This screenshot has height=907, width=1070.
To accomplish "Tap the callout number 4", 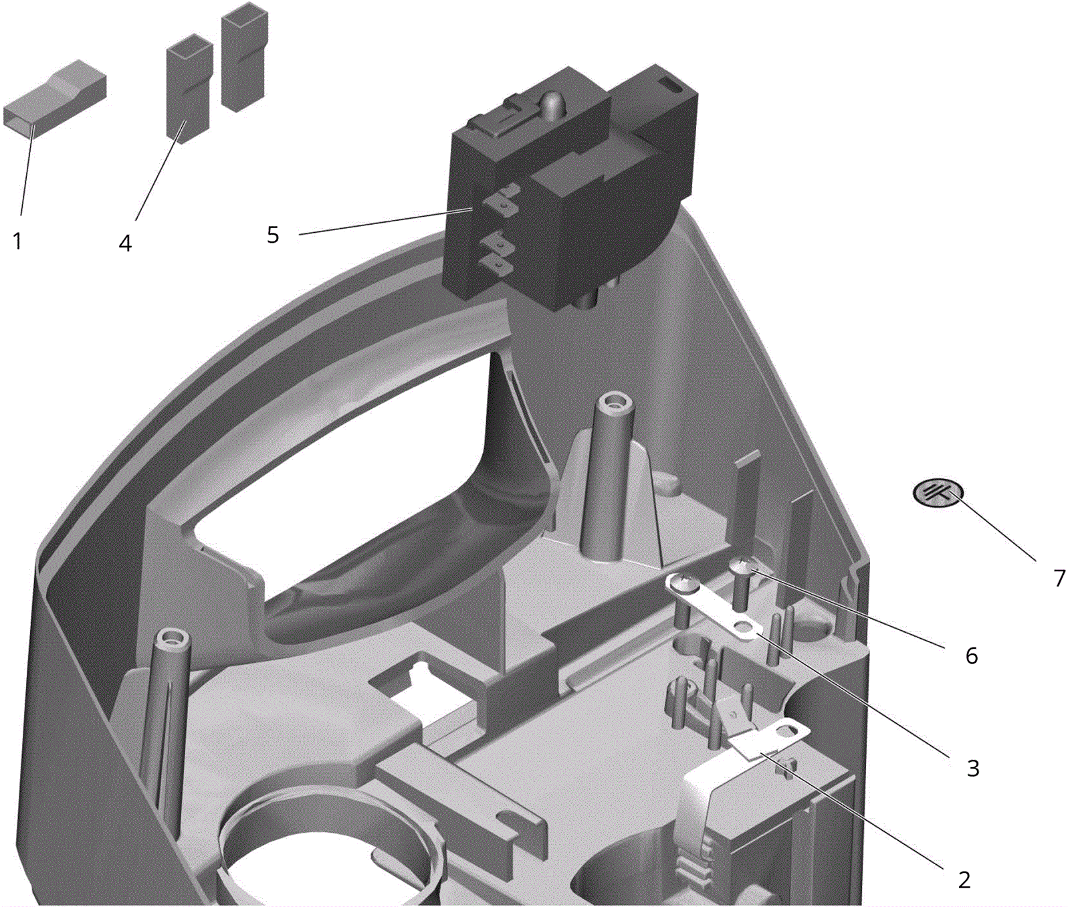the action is point(126,243).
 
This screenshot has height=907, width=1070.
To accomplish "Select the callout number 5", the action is point(273,235).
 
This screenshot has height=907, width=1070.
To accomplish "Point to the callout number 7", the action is point(1059,578).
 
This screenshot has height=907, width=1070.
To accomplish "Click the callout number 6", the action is point(972,656).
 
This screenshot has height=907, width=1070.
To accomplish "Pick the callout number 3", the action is point(973,768).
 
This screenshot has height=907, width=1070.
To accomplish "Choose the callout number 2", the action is point(964,880).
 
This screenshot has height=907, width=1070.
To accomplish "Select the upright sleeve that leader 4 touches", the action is point(189,88).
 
